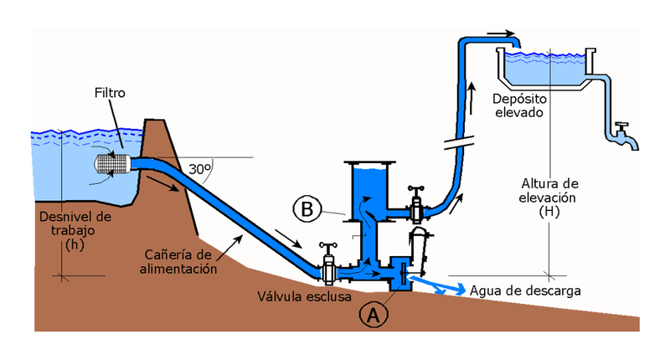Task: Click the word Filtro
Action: pyautogui.click(x=110, y=93)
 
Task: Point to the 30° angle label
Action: pyautogui.click(x=198, y=168)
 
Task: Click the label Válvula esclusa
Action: pyautogui.click(x=305, y=296)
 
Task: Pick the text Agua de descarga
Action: pyautogui.click(x=526, y=291)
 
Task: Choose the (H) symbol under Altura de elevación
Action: pyautogui.click(x=549, y=213)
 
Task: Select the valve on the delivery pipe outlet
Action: pyautogui.click(x=415, y=202)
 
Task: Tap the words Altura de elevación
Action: pyautogui.click(x=549, y=191)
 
